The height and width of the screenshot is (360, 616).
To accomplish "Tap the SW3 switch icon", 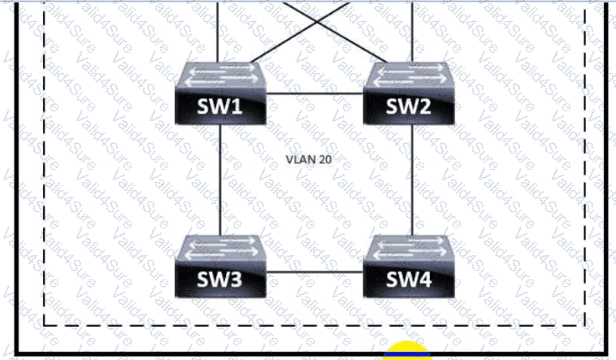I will [220, 266].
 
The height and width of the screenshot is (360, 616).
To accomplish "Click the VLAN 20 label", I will [308, 159].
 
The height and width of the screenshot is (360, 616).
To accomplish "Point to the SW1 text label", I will [221, 107].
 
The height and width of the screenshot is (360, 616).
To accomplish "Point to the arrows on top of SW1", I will [220, 76].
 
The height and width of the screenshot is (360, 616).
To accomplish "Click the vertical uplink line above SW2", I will [412, 28].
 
